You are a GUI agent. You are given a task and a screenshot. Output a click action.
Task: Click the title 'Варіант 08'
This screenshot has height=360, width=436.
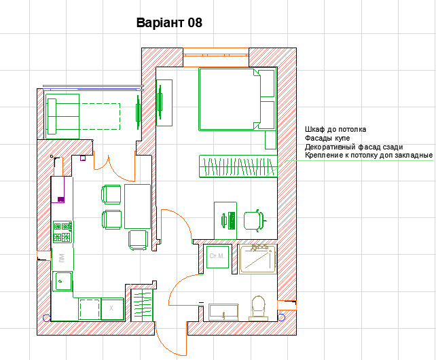pyautogui.click(x=169, y=23)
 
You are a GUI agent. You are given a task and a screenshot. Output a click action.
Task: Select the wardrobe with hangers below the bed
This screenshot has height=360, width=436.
pyautogui.click(x=238, y=166)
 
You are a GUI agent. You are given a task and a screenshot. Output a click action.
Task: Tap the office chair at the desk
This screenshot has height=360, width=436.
pyautogui.click(x=253, y=219)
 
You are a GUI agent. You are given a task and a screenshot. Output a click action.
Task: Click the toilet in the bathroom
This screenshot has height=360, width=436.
pyautogui.click(x=257, y=306)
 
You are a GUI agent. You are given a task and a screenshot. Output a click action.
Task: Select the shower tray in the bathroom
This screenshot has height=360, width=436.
pyautogui.click(x=257, y=259)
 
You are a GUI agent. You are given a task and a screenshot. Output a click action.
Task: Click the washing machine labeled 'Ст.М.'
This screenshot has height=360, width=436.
pyautogui.click(x=218, y=257)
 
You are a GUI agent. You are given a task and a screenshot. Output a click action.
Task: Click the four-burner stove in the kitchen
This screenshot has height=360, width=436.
pyautogui.click(x=63, y=232)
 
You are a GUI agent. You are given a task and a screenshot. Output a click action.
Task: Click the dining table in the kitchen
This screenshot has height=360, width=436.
pyautogui.click(x=137, y=206)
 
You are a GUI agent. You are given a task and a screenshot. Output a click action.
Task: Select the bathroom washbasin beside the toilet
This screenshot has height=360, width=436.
pyautogui.click(x=223, y=312)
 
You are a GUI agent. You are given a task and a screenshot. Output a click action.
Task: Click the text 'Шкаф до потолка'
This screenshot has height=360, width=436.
pyautogui.click(x=335, y=129)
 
